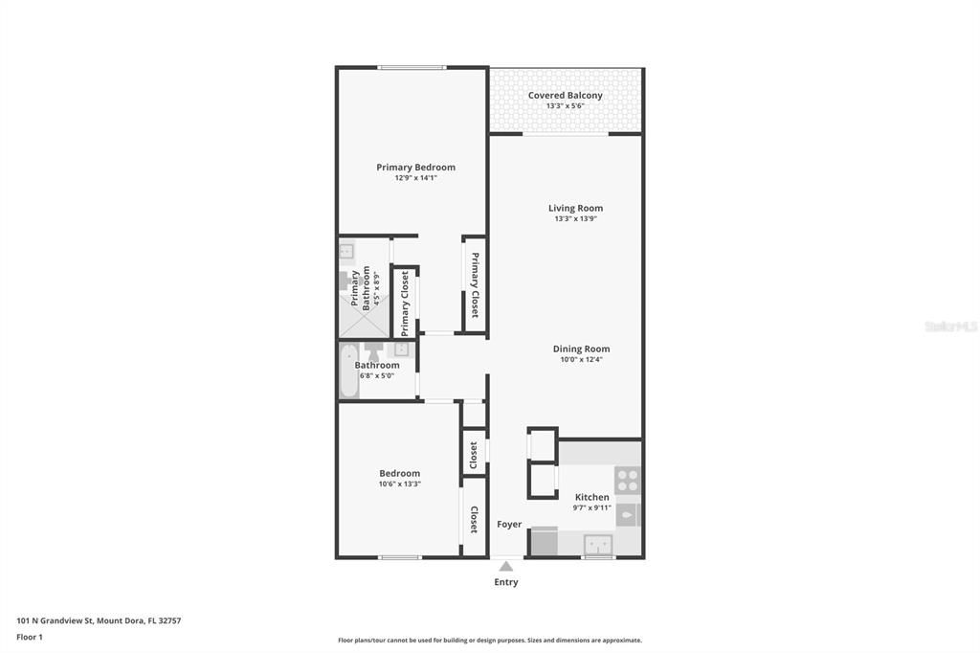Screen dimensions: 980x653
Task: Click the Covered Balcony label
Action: (565, 95)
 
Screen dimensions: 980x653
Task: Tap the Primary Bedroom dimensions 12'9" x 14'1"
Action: (415, 178)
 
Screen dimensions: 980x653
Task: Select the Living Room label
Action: (575, 209)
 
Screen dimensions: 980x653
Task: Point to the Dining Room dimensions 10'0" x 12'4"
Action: (581, 360)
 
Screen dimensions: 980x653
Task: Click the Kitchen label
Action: (591, 497)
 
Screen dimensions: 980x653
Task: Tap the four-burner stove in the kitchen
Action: (627, 481)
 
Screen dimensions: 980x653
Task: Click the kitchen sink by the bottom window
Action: (598, 545)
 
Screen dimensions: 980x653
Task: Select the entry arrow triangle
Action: (506, 566)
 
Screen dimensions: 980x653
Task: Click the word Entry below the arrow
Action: (506, 582)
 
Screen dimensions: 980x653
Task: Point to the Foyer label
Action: (509, 524)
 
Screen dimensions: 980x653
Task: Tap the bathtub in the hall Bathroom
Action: (348, 371)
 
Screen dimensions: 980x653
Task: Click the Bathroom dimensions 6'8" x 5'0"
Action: (377, 376)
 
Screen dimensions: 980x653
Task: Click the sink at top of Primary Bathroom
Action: (346, 251)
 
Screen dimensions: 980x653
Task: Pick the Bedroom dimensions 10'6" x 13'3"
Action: (399, 484)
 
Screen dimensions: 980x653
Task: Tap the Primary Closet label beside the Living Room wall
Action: (475, 284)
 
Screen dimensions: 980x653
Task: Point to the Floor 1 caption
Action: (30, 638)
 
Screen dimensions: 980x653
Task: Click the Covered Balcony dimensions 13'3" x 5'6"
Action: (565, 106)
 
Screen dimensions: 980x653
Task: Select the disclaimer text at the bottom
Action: (490, 641)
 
